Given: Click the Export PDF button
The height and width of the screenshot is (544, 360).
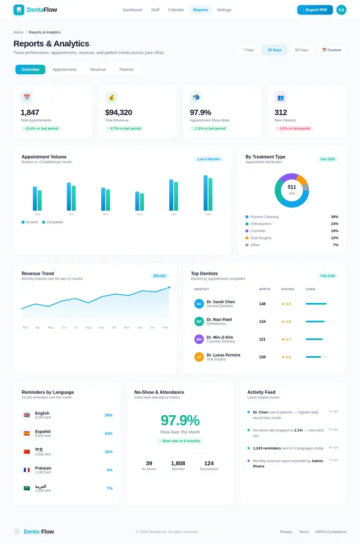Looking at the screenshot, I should click(x=315, y=10).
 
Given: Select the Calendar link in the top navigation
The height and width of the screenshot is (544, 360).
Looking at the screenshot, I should click(x=176, y=10).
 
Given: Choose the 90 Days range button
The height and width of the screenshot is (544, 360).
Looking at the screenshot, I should click(x=301, y=50).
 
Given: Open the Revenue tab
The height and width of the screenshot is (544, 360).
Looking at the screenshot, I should click(x=98, y=70).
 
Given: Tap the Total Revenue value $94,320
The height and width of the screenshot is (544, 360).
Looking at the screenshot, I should click(x=119, y=113).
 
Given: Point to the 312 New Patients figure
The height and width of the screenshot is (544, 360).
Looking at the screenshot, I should click(x=281, y=113).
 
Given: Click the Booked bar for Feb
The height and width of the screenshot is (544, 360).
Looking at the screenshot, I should click(x=205, y=193).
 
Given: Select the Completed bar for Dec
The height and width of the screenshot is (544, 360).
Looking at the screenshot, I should click(x=142, y=202).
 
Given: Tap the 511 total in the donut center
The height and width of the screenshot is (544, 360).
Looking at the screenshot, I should click(x=291, y=187).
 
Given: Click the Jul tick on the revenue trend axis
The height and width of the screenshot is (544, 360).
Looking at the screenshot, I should click(x=75, y=327).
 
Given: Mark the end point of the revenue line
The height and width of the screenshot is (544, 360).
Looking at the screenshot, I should click(x=169, y=287).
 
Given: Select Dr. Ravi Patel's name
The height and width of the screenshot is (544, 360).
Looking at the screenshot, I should click(x=219, y=320).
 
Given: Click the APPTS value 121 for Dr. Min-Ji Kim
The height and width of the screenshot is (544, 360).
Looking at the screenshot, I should click(x=262, y=339).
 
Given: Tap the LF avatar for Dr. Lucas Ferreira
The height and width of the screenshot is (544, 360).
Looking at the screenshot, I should click(x=199, y=357).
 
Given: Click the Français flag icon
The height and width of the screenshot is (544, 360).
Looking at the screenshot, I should click(x=26, y=470).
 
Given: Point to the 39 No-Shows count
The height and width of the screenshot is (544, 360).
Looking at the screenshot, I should click(x=149, y=464).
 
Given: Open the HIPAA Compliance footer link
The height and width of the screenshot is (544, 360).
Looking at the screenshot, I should click(x=331, y=532).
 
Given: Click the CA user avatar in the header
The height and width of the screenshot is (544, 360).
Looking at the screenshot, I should click(x=341, y=10).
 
